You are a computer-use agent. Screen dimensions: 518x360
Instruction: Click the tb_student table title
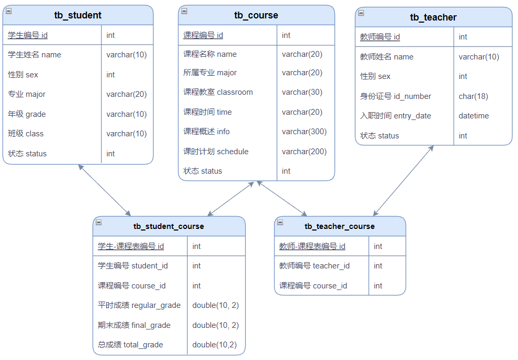click(78, 15)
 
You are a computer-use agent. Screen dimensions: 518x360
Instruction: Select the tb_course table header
click(256, 15)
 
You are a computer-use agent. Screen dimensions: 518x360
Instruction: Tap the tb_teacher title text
click(433, 17)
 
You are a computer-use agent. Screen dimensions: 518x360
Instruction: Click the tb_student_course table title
click(168, 226)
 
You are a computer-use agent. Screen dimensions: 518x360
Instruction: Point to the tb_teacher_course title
click(340, 226)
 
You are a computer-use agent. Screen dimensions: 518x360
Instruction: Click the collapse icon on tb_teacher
click(361, 13)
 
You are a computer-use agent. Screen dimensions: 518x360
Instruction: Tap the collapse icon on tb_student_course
click(98, 222)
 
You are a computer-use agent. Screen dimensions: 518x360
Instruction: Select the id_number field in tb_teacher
click(395, 96)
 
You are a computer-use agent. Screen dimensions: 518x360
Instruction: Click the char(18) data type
click(473, 96)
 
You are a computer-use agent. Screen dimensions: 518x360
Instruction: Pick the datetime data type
click(474, 116)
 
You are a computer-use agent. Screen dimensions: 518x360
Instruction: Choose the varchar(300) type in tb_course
click(304, 132)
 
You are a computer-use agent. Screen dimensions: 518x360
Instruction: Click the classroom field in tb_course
click(218, 92)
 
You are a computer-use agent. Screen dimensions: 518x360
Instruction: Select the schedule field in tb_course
click(216, 152)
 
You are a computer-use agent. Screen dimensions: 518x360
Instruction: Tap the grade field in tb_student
click(27, 114)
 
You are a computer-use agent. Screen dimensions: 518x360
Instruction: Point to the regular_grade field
click(139, 305)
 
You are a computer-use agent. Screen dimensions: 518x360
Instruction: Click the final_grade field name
click(134, 325)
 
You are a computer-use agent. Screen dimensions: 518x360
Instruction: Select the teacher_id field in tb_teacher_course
click(314, 266)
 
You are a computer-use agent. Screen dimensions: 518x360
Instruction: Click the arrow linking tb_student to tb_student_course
click(105, 191)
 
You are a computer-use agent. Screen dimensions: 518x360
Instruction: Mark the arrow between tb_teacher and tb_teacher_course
click(403, 181)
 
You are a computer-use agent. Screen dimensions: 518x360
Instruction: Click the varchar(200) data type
click(304, 152)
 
